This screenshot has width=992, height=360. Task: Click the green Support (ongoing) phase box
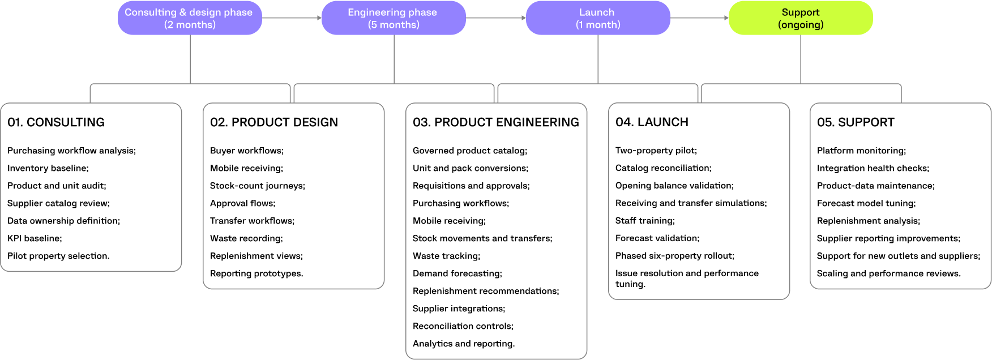pos(801,18)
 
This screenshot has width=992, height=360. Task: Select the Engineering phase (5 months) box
pos(394,18)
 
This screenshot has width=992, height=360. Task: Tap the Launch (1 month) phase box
pos(598,18)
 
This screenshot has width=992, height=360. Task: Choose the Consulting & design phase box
pos(190,18)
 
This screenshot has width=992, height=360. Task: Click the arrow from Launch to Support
pos(699,18)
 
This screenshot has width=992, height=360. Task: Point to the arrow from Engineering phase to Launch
pos(496,18)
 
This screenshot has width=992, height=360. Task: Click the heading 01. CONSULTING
pos(56,122)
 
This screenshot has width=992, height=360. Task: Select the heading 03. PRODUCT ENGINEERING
pos(496,122)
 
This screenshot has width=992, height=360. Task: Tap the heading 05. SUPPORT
pos(856,122)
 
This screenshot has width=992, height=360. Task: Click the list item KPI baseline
pos(35,238)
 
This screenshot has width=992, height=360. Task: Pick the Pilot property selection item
pos(58,256)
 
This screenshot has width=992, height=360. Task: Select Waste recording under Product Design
pos(246,238)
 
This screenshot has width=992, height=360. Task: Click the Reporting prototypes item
pos(256,273)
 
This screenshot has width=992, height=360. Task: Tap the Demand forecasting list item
pos(457,273)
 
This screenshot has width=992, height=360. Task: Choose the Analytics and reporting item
pos(464,344)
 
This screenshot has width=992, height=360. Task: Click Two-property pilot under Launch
pos(656,151)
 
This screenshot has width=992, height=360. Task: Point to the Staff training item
pos(645,221)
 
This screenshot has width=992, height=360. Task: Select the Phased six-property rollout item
pos(675,256)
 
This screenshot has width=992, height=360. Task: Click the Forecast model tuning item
pos(866,203)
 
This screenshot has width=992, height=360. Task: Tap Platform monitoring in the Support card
pos(861,151)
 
